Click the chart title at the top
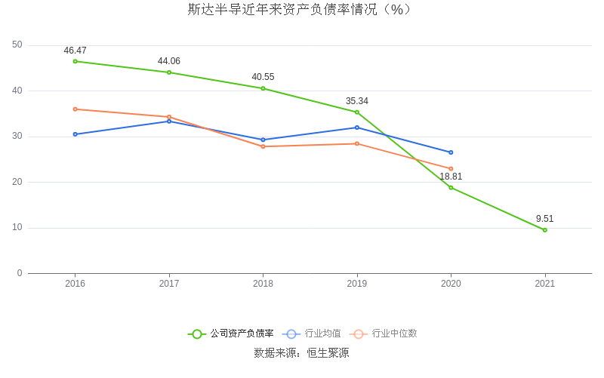[x=301, y=10]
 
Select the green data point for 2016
[x=75, y=61]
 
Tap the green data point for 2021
[x=545, y=230]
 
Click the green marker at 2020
[x=451, y=187]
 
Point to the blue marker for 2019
[x=357, y=128]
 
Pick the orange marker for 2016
[x=75, y=109]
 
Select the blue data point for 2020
[x=451, y=152]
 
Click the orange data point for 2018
[x=263, y=146]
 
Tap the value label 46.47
[x=75, y=51]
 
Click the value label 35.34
[x=357, y=101]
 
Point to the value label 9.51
[x=545, y=219]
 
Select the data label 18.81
[x=451, y=177]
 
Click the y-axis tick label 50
[x=17, y=45]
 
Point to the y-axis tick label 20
[x=17, y=182]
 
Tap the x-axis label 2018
[x=263, y=284]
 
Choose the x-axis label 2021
[x=545, y=284]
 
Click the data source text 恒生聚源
[x=328, y=353]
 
